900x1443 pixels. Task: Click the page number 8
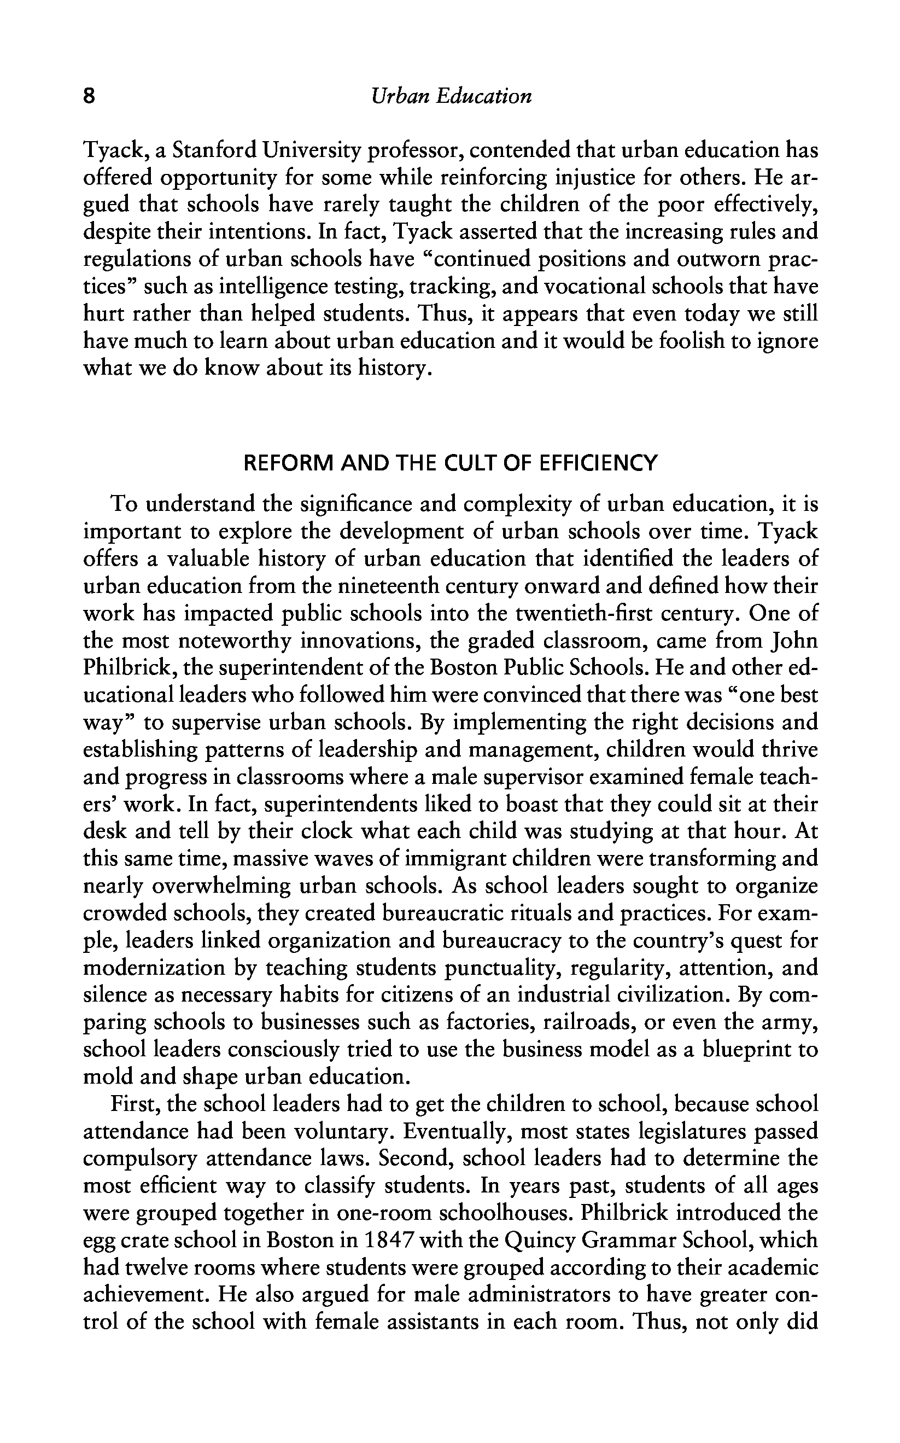(89, 96)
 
